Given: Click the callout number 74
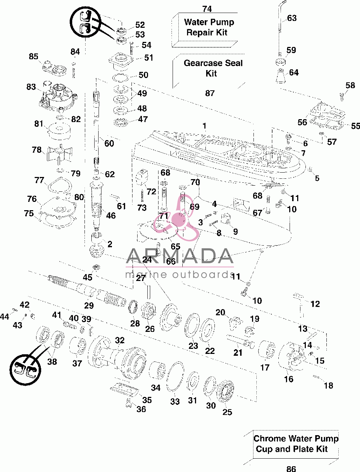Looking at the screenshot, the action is coord(207,9).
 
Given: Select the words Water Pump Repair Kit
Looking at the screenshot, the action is coord(209,27).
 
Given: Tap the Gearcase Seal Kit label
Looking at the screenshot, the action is coord(213,68).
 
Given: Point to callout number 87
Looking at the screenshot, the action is coord(210,93).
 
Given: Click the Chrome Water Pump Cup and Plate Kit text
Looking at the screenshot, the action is coord(296,443).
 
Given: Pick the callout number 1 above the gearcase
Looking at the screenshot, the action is coord(204,126).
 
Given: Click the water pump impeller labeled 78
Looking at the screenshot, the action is coord(59,154).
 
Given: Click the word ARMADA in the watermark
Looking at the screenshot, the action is coord(180,256).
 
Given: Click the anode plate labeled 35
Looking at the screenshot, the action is coord(125,389).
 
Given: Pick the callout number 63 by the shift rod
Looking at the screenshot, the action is coord(292,18).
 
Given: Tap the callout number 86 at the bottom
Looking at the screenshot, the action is coord(291,468).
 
